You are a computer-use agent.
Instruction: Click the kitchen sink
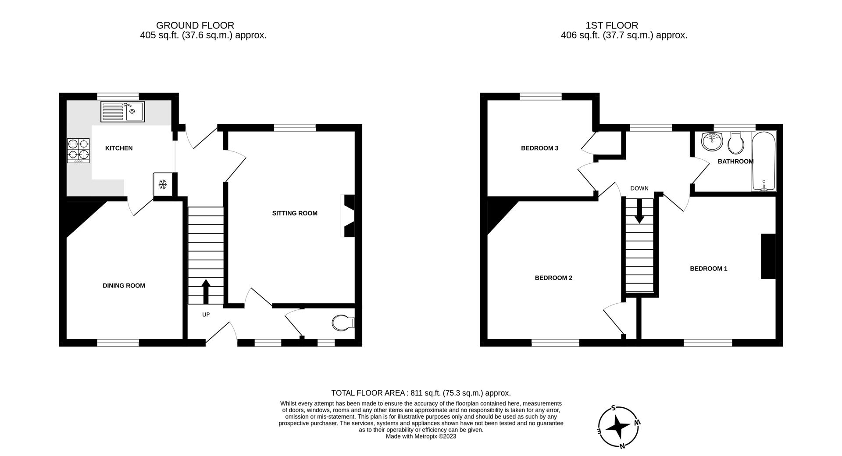point(122,111)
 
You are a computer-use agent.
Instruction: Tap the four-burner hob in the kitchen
point(78,151)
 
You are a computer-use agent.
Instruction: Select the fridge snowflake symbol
point(162,184)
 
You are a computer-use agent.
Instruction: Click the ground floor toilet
point(343,323)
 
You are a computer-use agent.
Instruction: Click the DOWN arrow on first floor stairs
point(639,211)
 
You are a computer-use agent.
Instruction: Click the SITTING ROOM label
point(295,213)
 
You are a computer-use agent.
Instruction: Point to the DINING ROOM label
point(124,286)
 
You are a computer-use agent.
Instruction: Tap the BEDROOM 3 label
point(539,148)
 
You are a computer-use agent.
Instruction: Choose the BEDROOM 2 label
point(553,278)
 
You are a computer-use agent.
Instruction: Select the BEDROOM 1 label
point(708,269)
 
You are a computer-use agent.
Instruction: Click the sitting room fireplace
point(348,216)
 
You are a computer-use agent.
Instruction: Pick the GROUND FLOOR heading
point(195,25)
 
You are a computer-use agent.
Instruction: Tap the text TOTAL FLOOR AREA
point(368,393)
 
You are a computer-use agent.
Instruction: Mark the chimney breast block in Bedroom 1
point(768,256)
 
